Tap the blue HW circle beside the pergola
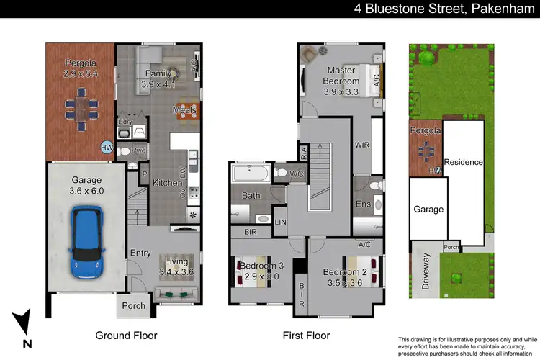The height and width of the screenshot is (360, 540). [107, 148]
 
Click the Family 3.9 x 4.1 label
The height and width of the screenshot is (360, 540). [158, 78]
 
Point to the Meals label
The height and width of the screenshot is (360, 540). [184, 110]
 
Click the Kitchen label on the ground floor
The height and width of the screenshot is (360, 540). [167, 183]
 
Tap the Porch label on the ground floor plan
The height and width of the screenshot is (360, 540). [133, 305]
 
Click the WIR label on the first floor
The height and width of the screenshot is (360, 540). [362, 145]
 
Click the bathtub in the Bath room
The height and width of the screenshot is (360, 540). [249, 174]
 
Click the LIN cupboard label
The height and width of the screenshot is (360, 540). [281, 222]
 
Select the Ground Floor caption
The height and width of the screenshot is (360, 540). [126, 336]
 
